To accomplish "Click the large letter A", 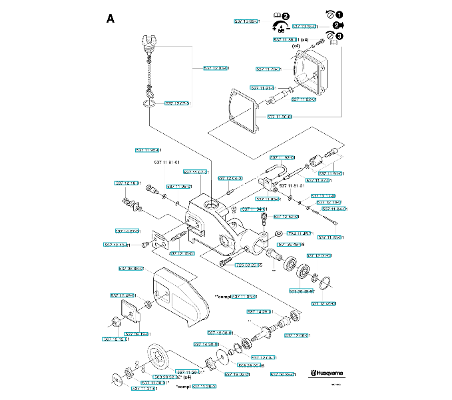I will (111, 18).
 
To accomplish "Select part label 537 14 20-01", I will (261, 311).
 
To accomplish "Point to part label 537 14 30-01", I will (206, 344).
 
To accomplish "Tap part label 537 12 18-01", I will (128, 183).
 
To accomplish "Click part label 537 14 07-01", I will (126, 231).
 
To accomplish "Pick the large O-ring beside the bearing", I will (325, 283).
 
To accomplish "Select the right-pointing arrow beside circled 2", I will (347, 26).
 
